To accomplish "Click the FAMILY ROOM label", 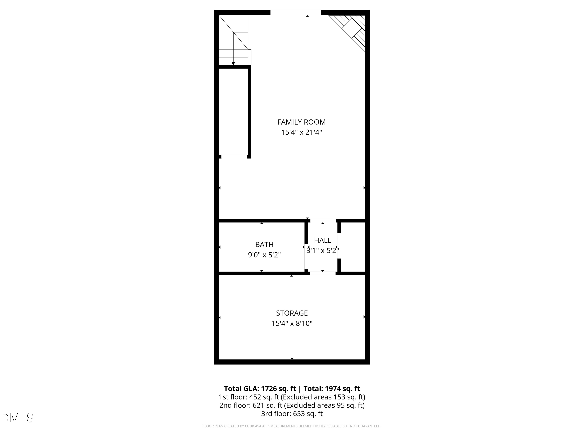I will (301, 122).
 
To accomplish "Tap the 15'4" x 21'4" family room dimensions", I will (301, 132).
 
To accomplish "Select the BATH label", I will (264, 245).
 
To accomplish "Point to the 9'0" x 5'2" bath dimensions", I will (264, 255).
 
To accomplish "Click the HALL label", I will (322, 240).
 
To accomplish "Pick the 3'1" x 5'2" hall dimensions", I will (322, 251).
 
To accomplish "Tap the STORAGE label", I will (292, 313).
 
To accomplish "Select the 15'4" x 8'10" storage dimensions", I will (292, 323).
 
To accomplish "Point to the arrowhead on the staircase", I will (233, 63).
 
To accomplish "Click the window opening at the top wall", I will (296, 13).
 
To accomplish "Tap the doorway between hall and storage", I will (323, 274).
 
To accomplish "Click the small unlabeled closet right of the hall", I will (353, 247).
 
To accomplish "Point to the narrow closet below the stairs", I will (233, 111).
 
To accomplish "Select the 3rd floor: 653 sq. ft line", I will (292, 414).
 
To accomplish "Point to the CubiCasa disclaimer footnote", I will (292, 426).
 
